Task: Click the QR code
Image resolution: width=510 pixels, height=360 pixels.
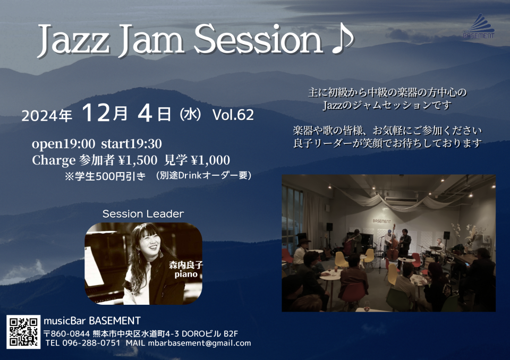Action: (23, 332)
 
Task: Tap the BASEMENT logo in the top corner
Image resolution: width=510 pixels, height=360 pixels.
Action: (479, 26)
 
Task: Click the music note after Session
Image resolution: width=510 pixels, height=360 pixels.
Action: (342, 39)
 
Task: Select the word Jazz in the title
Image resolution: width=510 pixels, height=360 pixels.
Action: (73, 41)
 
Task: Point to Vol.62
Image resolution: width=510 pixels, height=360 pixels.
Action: (233, 115)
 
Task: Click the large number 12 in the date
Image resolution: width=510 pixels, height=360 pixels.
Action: (96, 113)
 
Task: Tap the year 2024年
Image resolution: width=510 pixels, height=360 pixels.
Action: (47, 115)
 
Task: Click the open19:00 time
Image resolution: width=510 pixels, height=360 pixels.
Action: (63, 143)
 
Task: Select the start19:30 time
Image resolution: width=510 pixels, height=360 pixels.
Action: (131, 143)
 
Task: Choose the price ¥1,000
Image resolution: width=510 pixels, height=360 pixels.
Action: (210, 160)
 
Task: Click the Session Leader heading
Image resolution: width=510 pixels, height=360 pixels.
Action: (143, 213)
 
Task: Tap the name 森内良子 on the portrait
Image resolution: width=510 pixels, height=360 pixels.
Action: (186, 265)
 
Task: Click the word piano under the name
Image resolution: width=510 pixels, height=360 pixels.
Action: (186, 274)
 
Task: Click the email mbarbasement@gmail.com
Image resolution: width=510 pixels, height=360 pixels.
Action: (199, 343)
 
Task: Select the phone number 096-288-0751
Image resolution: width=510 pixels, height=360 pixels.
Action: (91, 343)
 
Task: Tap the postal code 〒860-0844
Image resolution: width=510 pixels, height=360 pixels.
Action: (66, 333)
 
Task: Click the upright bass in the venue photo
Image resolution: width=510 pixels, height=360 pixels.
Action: (393, 244)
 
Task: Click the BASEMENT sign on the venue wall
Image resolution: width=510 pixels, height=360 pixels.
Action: (382, 221)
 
